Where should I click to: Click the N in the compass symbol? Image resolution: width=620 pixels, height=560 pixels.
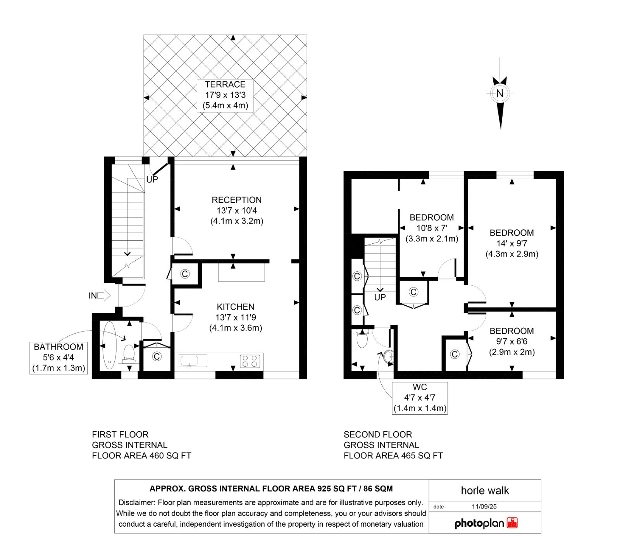(500, 93)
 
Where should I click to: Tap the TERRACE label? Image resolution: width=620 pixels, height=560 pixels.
(225, 84)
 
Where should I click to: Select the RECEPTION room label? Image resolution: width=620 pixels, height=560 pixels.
(236, 200)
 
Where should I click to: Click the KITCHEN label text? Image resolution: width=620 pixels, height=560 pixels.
(236, 307)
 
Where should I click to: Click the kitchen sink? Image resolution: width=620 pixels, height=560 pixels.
(193, 360)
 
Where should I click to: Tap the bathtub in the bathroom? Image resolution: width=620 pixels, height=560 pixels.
(109, 345)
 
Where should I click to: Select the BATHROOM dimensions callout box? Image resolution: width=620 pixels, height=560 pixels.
(59, 358)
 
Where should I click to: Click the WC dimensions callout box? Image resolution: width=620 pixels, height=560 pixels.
(420, 398)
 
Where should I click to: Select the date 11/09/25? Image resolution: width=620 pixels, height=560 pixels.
(484, 507)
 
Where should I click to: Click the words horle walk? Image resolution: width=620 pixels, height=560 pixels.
(485, 491)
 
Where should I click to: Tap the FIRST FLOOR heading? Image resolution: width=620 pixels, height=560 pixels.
(120, 434)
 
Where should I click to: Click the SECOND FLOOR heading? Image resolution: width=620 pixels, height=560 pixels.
(378, 434)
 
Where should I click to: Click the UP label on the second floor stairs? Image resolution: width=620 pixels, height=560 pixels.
(380, 297)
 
